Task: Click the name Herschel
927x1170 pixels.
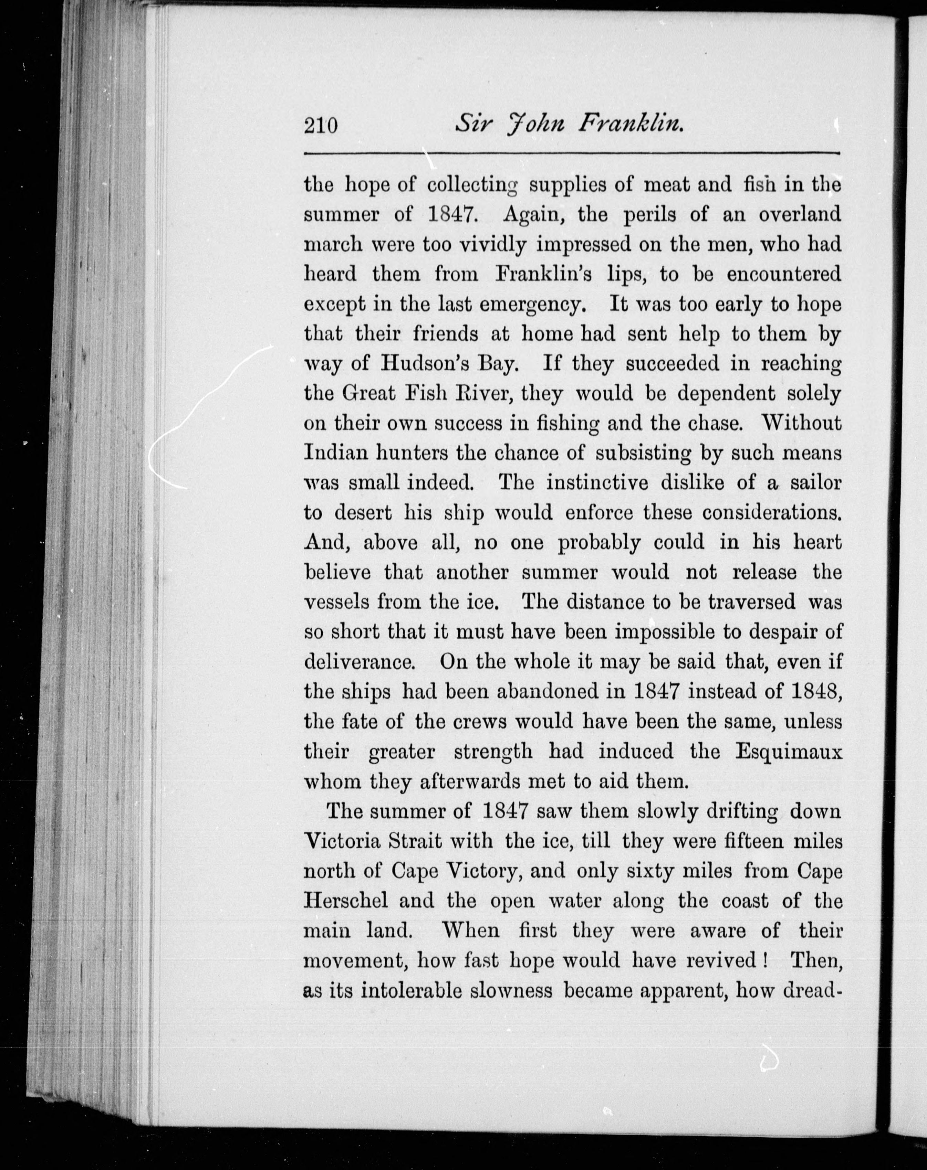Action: (x=346, y=901)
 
